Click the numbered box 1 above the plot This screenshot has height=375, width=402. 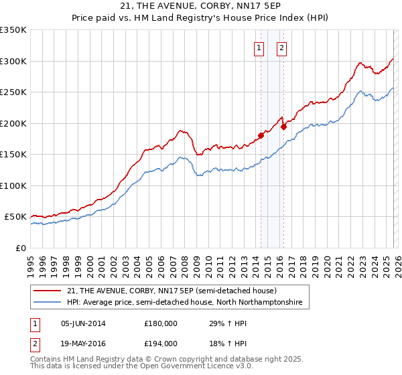[x=259, y=48]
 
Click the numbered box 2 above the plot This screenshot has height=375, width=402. [x=281, y=48]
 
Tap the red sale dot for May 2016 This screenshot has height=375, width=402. [x=283, y=127]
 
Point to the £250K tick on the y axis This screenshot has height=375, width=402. [x=13, y=92]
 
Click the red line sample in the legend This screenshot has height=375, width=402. [x=48, y=291]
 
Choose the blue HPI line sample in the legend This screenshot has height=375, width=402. [x=48, y=303]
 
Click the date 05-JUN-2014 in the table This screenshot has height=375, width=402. [x=83, y=323]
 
